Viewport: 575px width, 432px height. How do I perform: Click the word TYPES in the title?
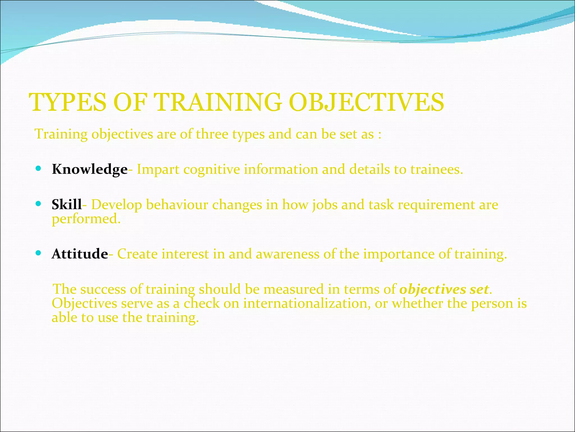(68, 102)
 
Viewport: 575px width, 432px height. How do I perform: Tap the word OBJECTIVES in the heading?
(366, 102)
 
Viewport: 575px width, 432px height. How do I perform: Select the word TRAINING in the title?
(218, 102)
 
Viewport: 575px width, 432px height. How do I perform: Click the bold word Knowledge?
(90, 170)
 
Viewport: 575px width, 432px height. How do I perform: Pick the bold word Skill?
(67, 204)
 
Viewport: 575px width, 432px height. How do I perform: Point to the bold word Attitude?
(80, 254)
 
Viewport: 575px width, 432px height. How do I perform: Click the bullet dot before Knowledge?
(38, 168)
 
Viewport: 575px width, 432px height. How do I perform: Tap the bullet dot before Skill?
(38, 203)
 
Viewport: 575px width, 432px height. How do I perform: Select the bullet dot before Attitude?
(38, 253)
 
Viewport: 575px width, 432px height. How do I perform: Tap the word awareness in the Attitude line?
(287, 254)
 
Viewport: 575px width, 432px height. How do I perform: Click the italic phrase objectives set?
(444, 289)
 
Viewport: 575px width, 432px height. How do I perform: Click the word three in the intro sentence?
(212, 134)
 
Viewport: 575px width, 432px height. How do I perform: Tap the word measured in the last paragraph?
(293, 289)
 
